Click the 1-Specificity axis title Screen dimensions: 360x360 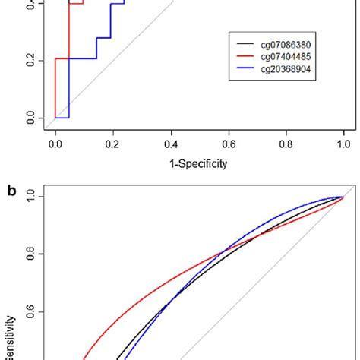(199, 161)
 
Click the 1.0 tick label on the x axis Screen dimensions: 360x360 (343, 141)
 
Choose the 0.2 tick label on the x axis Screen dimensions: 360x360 (112, 141)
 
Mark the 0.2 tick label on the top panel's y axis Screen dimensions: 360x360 (30, 60)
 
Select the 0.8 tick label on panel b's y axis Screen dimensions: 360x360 (30, 254)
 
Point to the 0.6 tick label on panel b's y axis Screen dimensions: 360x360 (30, 311)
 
